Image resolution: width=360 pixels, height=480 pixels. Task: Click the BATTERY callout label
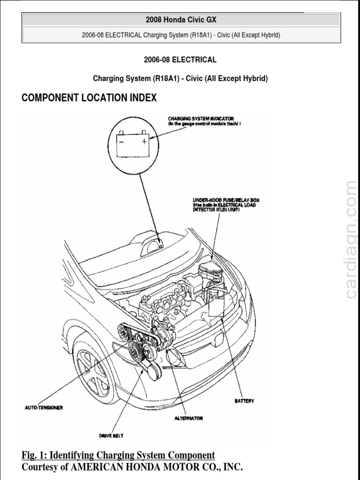tap(244, 401)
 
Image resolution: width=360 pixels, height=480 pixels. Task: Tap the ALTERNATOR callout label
tap(188, 418)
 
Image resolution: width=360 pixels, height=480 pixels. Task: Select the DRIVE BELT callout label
tap(111, 435)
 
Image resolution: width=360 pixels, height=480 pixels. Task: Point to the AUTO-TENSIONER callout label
tap(44, 407)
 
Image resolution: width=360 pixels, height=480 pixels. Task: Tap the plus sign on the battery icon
tap(145, 140)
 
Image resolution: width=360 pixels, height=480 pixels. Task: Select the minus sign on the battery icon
tap(121, 140)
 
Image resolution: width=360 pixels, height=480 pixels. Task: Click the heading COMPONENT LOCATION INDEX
tap(89, 98)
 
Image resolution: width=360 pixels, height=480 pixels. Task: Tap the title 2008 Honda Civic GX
tap(181, 20)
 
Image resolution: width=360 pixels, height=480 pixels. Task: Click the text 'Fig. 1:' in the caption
tap(34, 455)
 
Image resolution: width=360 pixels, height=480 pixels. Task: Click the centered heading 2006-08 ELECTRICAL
tap(180, 60)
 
